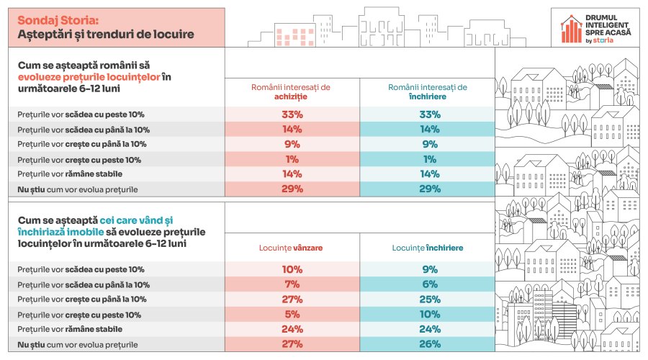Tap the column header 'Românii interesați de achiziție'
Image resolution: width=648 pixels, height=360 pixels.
[291, 91]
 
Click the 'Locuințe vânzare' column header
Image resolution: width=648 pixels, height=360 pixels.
[291, 248]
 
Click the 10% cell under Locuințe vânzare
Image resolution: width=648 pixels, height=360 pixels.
[291, 269]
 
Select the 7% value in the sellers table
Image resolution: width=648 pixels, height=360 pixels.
[291, 284]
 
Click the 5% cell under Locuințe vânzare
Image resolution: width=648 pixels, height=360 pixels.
[291, 315]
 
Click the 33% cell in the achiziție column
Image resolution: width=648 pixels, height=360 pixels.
[291, 114]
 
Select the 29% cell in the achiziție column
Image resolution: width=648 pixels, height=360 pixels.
[291, 189]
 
